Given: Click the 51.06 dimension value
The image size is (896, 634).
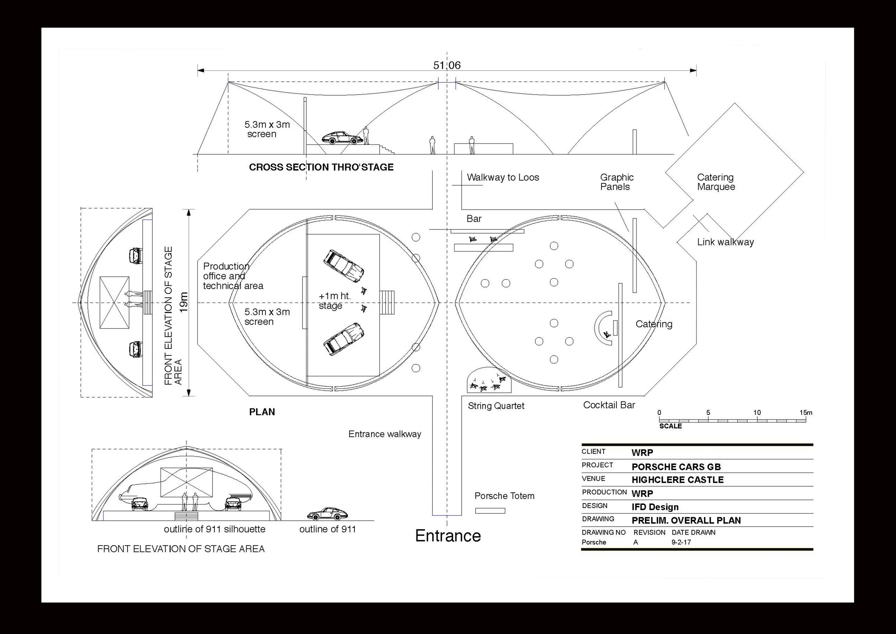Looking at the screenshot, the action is (447, 65).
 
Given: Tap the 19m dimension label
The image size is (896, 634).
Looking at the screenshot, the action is (184, 302).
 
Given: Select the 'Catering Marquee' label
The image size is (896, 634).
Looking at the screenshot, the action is (716, 182).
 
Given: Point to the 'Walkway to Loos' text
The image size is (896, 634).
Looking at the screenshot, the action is (503, 177).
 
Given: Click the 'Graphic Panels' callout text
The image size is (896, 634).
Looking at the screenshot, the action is (616, 182).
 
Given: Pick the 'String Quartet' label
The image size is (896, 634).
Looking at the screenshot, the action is (496, 406).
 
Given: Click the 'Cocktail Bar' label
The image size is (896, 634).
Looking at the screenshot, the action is (609, 405).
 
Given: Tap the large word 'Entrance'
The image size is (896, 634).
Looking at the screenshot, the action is (448, 536).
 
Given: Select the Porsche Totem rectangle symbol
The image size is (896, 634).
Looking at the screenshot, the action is (490, 511).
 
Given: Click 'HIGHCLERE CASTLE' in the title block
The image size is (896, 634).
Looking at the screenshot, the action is (677, 480).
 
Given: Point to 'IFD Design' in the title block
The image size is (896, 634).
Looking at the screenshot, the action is (655, 507).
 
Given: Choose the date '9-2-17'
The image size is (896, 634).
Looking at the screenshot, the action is (681, 542).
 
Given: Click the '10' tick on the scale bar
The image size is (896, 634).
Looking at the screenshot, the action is (757, 413).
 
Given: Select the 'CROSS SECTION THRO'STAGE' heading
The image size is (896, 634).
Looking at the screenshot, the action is (321, 167).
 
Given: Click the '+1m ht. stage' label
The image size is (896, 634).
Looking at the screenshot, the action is (335, 301).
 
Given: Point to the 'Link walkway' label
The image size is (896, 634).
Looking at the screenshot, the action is (725, 242).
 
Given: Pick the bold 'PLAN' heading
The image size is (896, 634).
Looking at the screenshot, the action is (262, 412).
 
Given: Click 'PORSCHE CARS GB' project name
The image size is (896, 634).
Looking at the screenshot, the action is (676, 467).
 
